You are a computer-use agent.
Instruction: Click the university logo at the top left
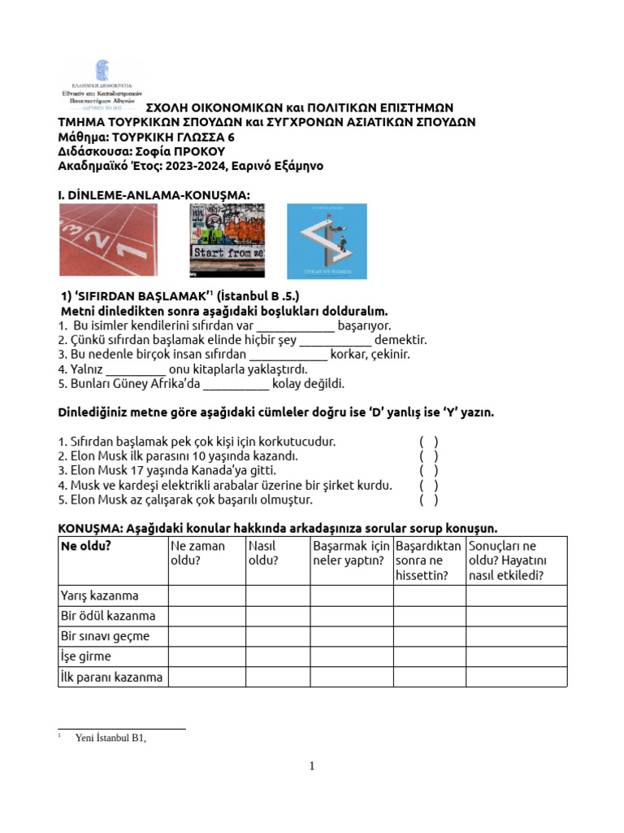pyautogui.click(x=102, y=86)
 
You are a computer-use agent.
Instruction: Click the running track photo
pyautogui.click(x=109, y=240)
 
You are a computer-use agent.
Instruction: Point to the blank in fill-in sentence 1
pyautogui.click(x=301, y=326)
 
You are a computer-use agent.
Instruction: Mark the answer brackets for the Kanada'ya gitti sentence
pyautogui.click(x=429, y=470)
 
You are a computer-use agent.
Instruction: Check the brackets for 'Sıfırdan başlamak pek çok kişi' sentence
pyautogui.click(x=429, y=441)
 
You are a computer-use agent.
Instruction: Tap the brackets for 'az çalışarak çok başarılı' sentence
pyautogui.click(x=429, y=499)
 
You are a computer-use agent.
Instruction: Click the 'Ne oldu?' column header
pyautogui.click(x=85, y=546)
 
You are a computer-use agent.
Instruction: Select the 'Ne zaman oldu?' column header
pyautogui.click(x=197, y=553)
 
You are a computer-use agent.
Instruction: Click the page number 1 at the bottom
pyautogui.click(x=312, y=766)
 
